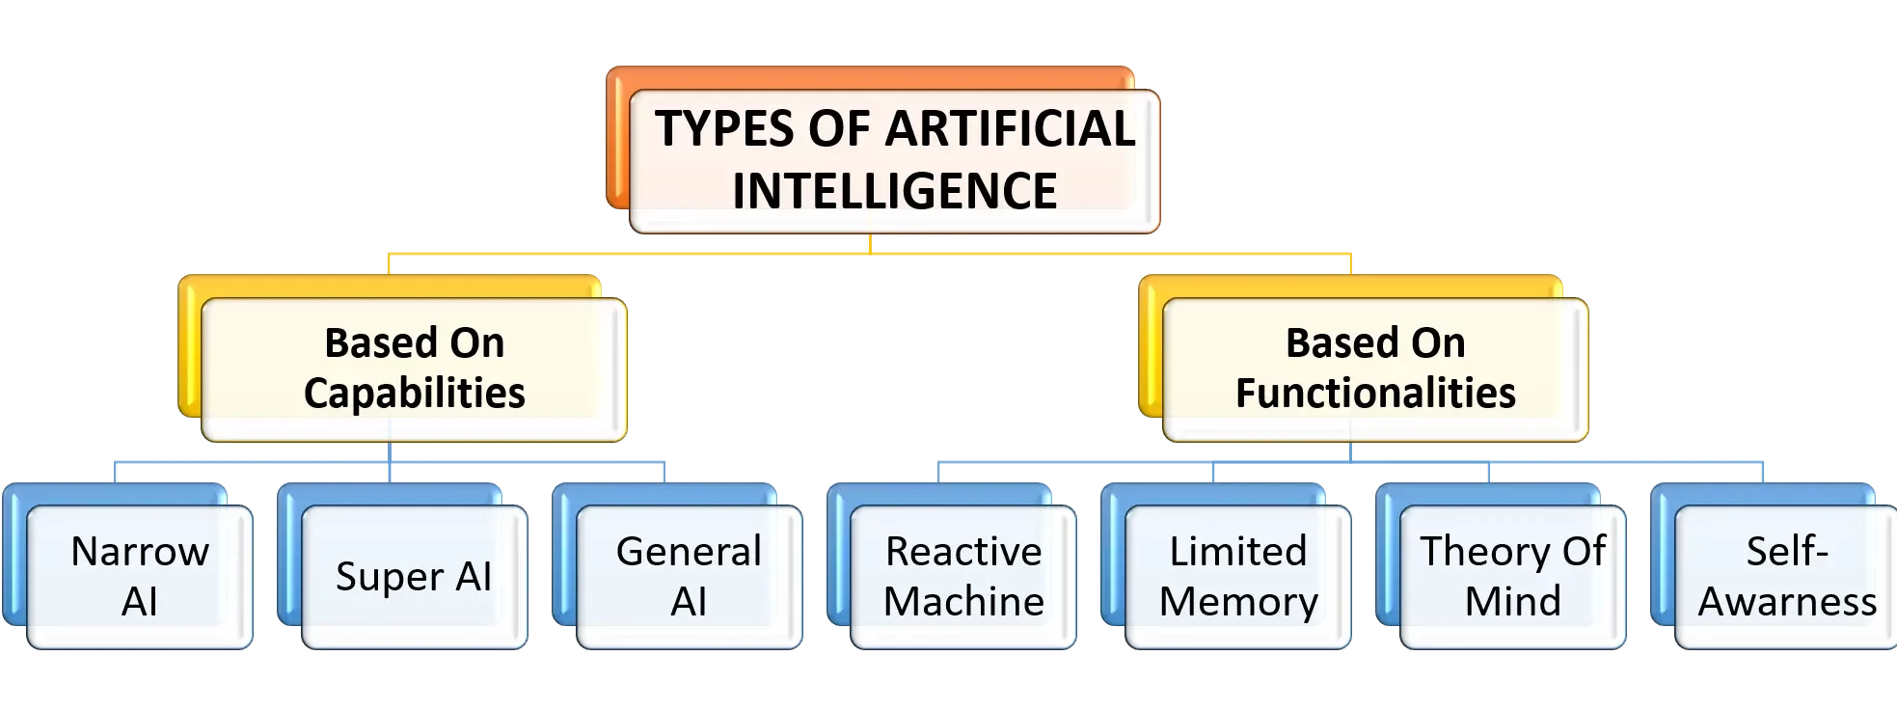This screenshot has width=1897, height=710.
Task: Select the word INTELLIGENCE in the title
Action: [894, 190]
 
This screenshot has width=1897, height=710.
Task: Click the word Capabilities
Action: [414, 393]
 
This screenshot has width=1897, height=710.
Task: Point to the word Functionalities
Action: [1375, 393]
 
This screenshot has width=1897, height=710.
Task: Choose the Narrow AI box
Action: [140, 576]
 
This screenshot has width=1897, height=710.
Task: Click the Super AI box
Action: [414, 576]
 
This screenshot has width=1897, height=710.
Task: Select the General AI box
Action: [689, 576]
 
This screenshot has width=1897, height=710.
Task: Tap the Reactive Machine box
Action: [963, 576]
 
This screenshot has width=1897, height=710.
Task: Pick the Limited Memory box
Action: [1238, 576]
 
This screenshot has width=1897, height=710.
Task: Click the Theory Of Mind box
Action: [1512, 576]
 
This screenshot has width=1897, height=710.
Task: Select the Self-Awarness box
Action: [1787, 576]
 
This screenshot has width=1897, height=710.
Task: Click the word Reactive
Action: [963, 552]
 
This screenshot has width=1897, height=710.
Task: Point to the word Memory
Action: [1238, 601]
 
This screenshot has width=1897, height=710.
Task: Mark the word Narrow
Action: [140, 552]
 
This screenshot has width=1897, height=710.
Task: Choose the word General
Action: [689, 552]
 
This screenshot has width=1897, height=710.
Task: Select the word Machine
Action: [963, 601]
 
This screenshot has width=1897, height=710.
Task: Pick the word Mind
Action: [1512, 601]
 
